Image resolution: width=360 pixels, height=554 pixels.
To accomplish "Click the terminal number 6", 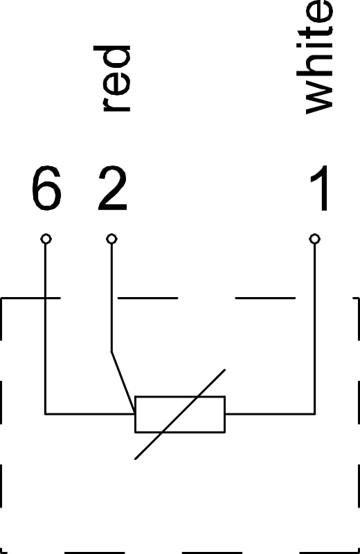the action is click(46, 188).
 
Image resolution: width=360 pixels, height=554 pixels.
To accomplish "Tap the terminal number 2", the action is click(112, 188).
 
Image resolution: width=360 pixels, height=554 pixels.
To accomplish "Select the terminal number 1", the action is click(320, 188).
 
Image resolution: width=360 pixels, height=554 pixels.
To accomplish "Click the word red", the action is click(112, 78).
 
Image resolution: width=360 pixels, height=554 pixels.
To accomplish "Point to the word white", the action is click(314, 57).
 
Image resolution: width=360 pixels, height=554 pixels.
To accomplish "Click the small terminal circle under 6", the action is click(46, 239).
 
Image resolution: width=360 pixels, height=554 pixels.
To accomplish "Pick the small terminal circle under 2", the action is click(111, 239).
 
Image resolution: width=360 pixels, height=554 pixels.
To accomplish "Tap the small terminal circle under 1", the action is click(314, 239).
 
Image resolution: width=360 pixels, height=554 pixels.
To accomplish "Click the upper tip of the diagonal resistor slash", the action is click(225, 370).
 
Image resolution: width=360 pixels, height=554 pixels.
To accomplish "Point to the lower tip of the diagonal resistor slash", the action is click(135, 459).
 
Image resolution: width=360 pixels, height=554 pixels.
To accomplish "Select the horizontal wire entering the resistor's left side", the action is click(90, 413).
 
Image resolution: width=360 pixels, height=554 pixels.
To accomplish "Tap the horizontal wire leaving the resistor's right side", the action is click(270, 413).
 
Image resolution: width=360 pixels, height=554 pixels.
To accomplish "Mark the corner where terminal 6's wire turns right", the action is click(46, 413).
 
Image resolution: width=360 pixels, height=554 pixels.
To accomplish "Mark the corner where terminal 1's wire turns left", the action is click(314, 413).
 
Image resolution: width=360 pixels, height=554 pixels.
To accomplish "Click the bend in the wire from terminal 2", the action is click(111, 352).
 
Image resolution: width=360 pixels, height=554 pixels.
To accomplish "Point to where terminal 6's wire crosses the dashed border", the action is click(46, 298).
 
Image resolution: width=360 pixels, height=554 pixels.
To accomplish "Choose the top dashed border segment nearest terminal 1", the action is click(265, 298).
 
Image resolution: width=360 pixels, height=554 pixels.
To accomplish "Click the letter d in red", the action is click(112, 57).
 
